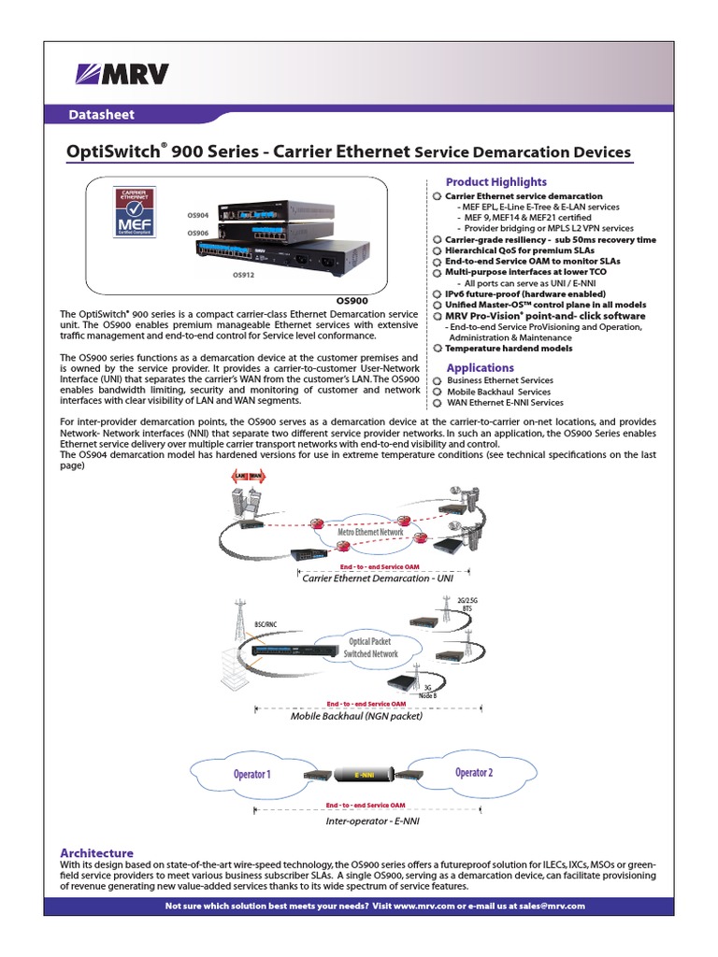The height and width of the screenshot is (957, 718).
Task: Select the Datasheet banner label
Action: click(103, 114)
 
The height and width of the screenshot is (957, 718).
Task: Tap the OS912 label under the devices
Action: click(243, 276)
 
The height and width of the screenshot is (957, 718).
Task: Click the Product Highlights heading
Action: click(496, 181)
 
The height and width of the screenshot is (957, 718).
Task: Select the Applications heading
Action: click(480, 367)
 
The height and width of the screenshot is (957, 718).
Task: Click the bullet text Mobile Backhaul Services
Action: click(498, 392)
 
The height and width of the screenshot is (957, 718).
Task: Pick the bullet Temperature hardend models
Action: click(509, 349)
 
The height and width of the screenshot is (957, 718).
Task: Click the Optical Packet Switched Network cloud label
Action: click(371, 649)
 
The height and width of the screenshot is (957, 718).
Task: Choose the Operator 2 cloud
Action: click(473, 773)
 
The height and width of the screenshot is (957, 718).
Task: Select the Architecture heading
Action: click(96, 852)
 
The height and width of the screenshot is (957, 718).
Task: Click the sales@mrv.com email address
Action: click(552, 906)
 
